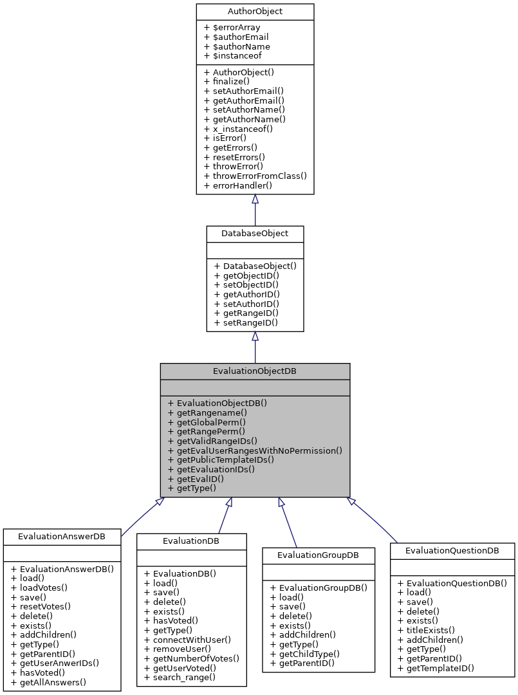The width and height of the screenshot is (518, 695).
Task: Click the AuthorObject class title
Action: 255,12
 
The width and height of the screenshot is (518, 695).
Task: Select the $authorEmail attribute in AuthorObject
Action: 237,37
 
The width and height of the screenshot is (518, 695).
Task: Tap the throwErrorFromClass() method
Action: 255,176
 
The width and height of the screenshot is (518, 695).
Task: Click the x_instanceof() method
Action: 238,129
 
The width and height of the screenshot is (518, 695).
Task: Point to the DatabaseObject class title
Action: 255,233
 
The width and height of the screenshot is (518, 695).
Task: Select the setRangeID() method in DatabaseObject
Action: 246,322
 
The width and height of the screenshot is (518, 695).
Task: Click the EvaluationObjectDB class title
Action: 255,371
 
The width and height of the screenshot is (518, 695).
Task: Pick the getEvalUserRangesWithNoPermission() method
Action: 255,450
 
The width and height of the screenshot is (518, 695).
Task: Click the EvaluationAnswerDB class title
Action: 62,536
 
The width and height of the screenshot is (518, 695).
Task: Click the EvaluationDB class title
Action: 191,541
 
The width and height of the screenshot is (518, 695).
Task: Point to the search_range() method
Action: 180,677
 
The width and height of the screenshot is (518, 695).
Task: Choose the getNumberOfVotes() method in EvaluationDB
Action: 192,658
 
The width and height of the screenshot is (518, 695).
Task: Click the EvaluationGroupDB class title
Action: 318,555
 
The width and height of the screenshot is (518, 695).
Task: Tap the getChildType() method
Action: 310,653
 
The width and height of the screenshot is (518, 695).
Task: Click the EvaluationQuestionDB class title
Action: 452,551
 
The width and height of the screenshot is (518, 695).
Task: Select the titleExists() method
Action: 426,630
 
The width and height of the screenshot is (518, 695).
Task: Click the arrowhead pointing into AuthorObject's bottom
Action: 255,199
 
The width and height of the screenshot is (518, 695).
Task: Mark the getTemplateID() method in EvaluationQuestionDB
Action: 436,668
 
